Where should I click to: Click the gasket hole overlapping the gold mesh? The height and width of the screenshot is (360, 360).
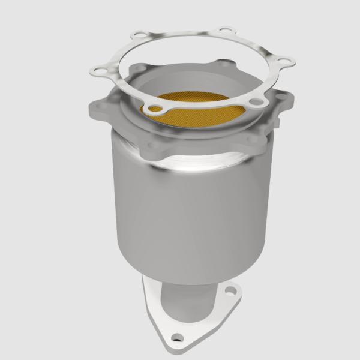click(x=155, y=109)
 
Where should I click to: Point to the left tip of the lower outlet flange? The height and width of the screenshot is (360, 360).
click(x=143, y=286)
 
